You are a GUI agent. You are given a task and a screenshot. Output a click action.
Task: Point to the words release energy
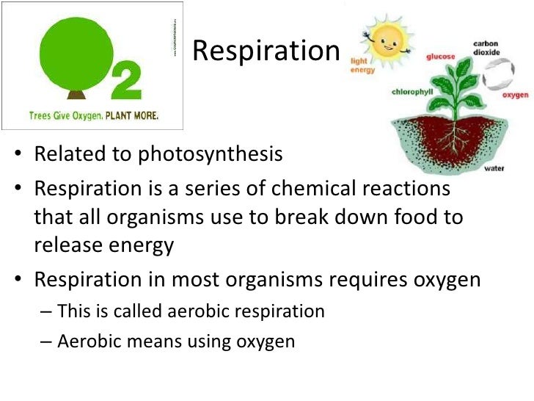coord(103,245)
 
